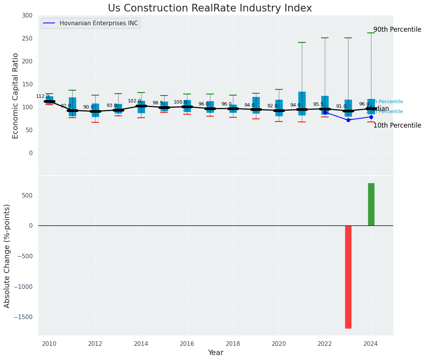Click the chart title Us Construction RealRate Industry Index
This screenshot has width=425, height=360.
pyautogui.click(x=210, y=8)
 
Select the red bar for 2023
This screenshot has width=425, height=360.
pyautogui.click(x=348, y=277)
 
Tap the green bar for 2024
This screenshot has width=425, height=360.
pyautogui.click(x=371, y=204)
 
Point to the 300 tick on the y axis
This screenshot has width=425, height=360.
pyautogui.click(x=27, y=15)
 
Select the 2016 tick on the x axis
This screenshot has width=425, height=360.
pyautogui.click(x=187, y=344)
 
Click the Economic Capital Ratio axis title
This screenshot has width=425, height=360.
pyautogui.click(x=15, y=96)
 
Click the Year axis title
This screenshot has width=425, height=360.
pyautogui.click(x=216, y=353)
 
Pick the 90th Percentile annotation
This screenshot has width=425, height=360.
pyautogui.click(x=397, y=30)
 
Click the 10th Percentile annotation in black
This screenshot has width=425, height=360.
pyautogui.click(x=397, y=125)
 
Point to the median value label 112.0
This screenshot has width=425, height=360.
pyautogui.click(x=42, y=96)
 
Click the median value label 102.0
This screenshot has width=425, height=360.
pyautogui.click(x=134, y=101)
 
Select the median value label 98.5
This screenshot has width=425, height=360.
pyautogui.click(x=158, y=103)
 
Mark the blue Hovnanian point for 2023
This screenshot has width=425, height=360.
pyautogui.click(x=348, y=120)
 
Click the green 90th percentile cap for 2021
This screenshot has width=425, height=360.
pyautogui.click(x=302, y=42)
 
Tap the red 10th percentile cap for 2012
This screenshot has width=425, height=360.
pyautogui.click(x=95, y=122)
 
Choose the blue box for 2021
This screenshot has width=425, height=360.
pyautogui.click(x=302, y=103)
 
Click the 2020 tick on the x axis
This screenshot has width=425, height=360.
pyautogui.click(x=279, y=344)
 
